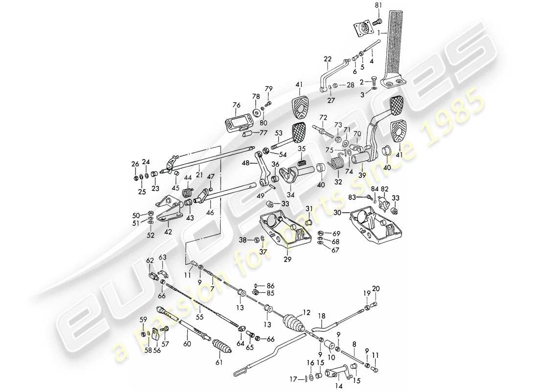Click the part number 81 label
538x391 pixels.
pyautogui.click(x=378, y=5)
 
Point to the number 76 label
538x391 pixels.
pyautogui.click(x=237, y=105)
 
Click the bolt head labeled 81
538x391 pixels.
pyautogui.click(x=378, y=22)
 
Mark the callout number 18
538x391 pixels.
pyautogui.click(x=321, y=316)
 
